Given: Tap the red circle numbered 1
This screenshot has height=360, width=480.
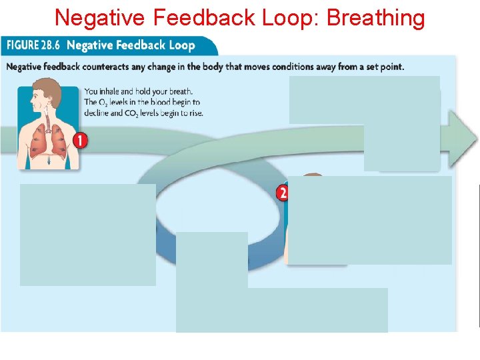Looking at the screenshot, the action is click(x=80, y=140).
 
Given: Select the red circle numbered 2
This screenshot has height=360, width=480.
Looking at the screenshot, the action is click(x=283, y=193).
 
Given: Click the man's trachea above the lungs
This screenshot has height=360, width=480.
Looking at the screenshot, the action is click(x=47, y=123).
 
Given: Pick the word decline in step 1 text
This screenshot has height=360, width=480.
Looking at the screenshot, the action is click(x=97, y=113).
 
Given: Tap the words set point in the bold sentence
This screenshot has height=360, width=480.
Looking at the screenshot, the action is click(x=383, y=67).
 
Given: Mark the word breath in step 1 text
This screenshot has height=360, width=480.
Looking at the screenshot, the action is click(x=180, y=91).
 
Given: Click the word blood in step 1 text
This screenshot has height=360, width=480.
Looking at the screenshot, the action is click(x=151, y=102).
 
